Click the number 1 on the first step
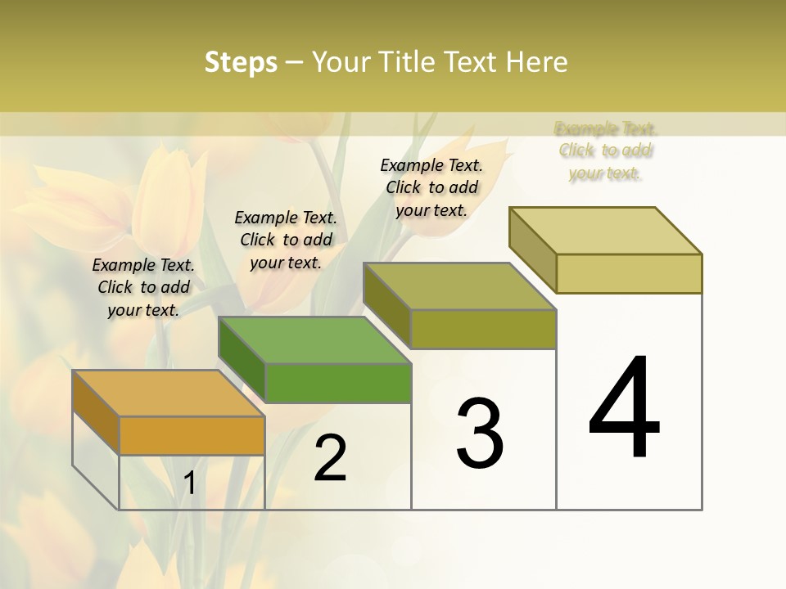(x=190, y=483)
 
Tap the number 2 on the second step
(x=330, y=458)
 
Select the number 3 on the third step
(x=480, y=434)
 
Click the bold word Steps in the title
(x=241, y=62)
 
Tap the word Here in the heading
(x=538, y=62)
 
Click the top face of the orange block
(x=168, y=393)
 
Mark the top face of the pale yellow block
(x=605, y=230)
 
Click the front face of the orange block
(x=192, y=435)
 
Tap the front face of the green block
(x=338, y=383)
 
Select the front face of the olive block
(x=483, y=329)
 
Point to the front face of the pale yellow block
(x=629, y=273)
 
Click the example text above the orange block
(x=143, y=287)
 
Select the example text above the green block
(x=286, y=240)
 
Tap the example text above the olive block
(x=431, y=187)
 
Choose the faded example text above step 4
(x=605, y=151)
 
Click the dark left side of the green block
(x=242, y=357)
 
